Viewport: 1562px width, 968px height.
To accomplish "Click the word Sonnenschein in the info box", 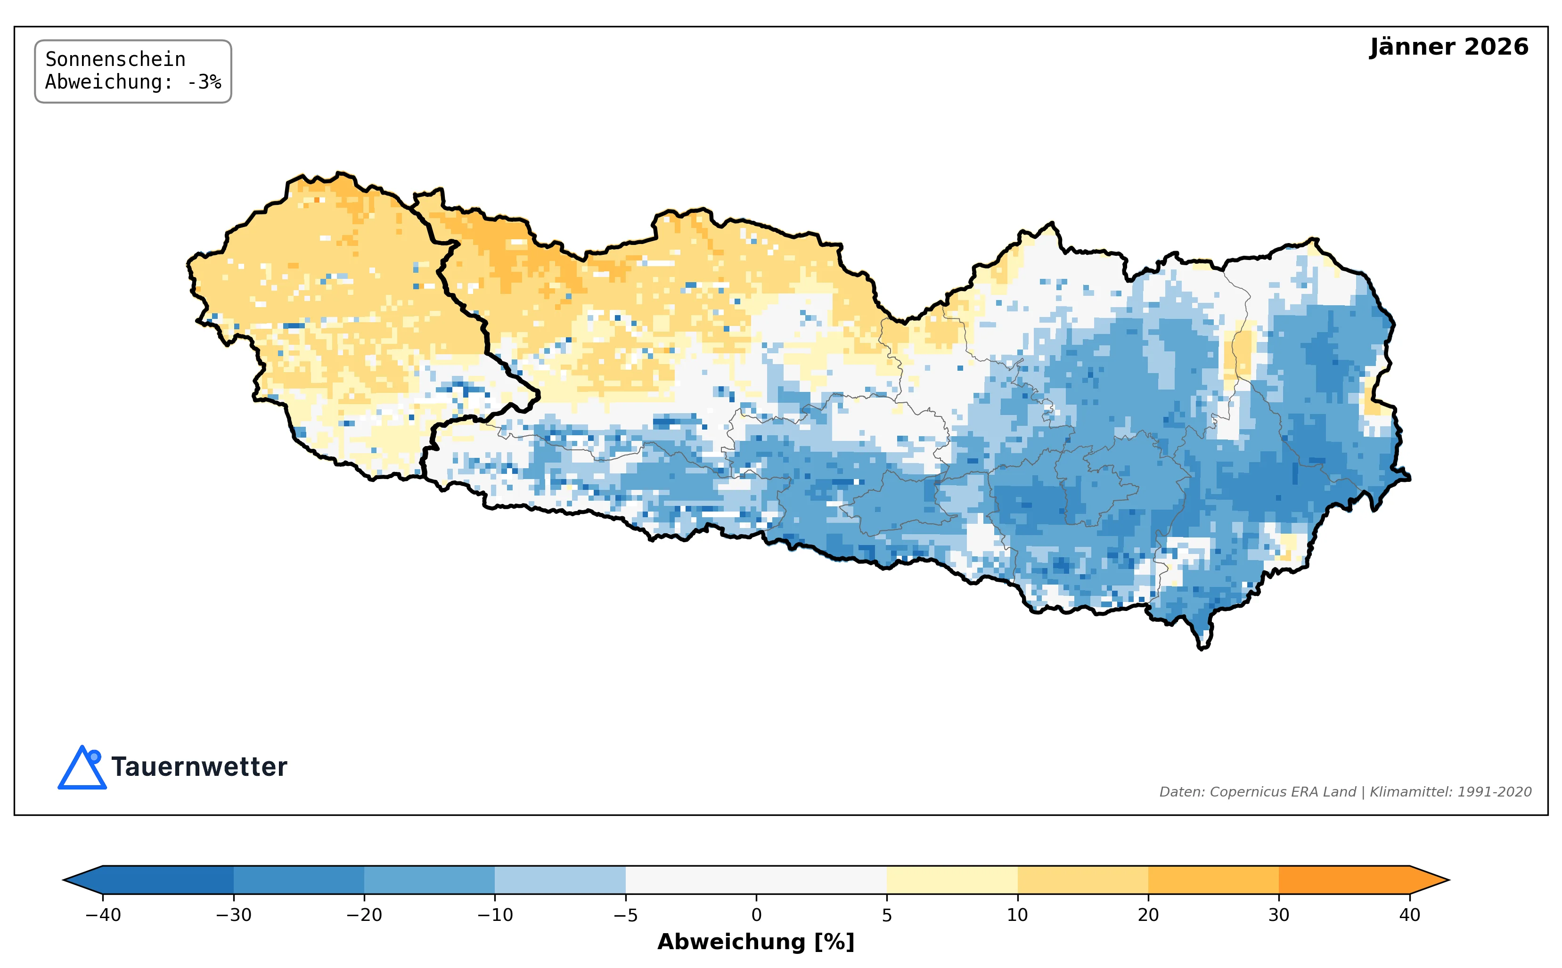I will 115,59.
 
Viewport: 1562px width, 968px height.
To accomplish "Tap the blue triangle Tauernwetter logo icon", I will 82,768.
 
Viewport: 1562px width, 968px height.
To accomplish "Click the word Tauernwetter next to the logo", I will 199,767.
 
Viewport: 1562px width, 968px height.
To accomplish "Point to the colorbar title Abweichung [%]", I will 756,942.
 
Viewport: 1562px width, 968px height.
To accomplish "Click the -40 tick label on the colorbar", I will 103,915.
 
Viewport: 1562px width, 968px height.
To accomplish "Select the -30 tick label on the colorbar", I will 234,915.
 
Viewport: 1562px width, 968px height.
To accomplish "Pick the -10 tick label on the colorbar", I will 495,915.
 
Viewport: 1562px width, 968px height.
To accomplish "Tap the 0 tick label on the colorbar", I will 756,915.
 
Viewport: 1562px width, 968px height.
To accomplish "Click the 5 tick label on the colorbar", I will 887,915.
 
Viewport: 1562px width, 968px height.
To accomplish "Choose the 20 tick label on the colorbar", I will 1148,915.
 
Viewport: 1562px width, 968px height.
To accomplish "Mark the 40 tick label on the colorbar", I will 1410,915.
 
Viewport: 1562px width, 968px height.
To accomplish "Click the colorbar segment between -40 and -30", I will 168,879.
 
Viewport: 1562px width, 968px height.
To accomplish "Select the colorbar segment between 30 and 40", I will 1344,879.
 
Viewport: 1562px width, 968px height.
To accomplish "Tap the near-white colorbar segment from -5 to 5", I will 756,879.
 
